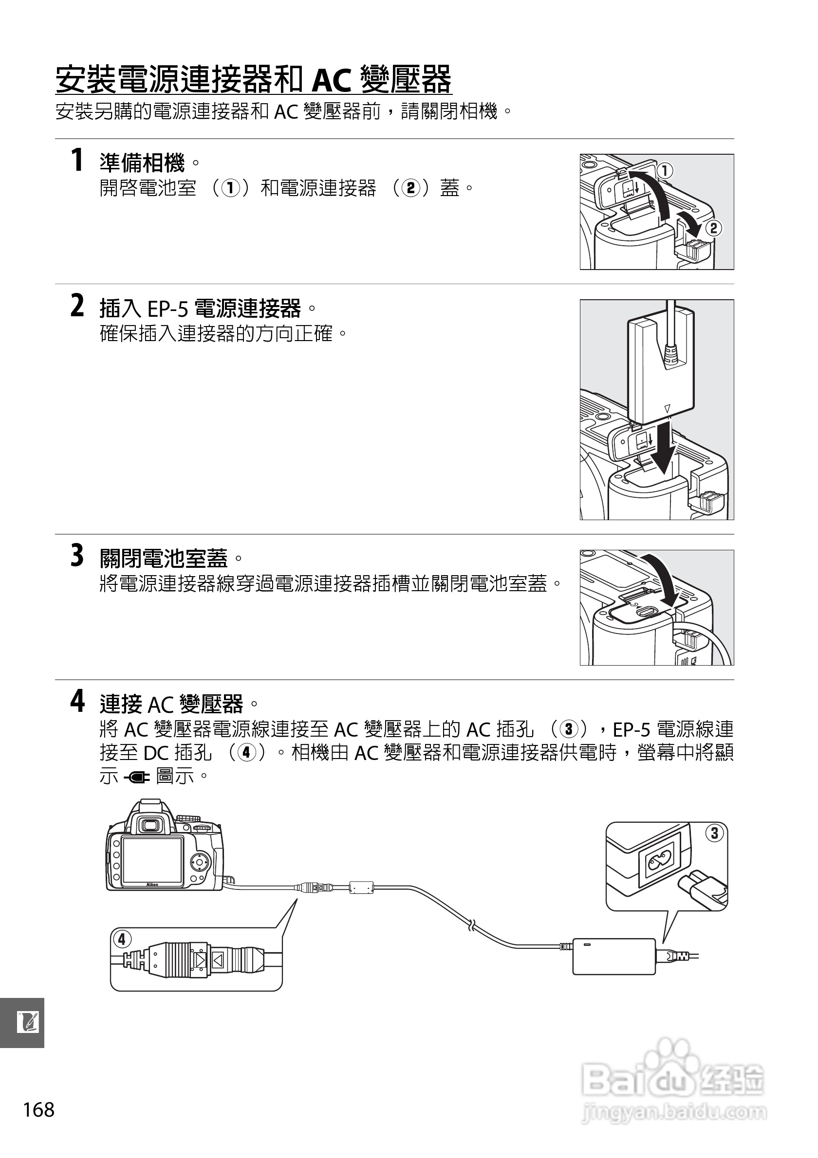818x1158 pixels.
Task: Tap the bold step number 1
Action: [77, 161]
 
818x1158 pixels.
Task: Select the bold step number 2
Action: [77, 306]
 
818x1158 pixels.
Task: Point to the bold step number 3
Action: [77, 555]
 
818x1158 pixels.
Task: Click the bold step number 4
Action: [77, 701]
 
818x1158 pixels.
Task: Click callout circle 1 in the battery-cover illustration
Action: [665, 171]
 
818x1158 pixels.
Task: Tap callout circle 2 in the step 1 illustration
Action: [713, 229]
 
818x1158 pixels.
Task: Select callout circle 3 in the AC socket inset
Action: [714, 832]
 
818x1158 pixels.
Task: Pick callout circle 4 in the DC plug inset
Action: [122, 939]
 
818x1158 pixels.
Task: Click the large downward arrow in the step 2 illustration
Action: [665, 449]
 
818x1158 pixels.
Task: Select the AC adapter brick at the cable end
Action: [613, 956]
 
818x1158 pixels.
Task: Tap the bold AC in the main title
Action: [332, 81]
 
